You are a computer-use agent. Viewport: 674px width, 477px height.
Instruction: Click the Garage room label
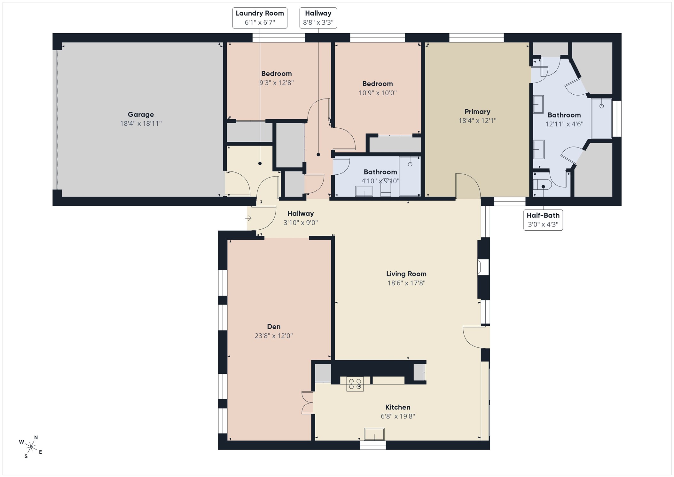[x=141, y=114]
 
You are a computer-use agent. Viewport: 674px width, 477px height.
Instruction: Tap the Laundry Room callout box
[x=260, y=18]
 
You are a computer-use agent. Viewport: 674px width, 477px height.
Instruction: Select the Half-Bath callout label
[x=543, y=220]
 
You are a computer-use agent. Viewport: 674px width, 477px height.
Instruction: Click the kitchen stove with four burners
[x=355, y=384]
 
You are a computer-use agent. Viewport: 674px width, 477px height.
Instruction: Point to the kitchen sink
[x=374, y=434]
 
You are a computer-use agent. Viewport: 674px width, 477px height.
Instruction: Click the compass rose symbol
[x=31, y=447]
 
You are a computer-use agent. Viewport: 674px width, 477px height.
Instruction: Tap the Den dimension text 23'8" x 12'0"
[x=274, y=336]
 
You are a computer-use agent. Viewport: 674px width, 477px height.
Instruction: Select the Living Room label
[x=406, y=274]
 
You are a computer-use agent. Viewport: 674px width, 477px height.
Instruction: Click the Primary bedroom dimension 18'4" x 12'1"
[x=477, y=121]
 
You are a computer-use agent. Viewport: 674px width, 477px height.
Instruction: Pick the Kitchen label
[x=398, y=407]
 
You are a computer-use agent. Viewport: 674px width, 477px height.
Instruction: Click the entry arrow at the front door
[x=248, y=219]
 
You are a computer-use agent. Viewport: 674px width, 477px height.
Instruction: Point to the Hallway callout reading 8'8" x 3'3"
[x=318, y=18]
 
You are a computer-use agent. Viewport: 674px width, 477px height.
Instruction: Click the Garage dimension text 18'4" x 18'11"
[x=141, y=123]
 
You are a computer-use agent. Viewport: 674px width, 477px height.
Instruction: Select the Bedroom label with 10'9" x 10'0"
[x=378, y=84]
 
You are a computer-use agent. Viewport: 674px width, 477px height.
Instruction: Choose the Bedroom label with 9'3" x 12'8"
[x=277, y=74]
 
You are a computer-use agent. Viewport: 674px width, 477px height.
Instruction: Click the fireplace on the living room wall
[x=483, y=267]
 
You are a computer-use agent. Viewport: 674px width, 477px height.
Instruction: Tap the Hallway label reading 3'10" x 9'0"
[x=301, y=213]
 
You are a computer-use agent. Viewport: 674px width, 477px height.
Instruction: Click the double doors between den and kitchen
[x=308, y=402]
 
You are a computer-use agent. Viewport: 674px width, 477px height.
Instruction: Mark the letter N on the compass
[x=36, y=438]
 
